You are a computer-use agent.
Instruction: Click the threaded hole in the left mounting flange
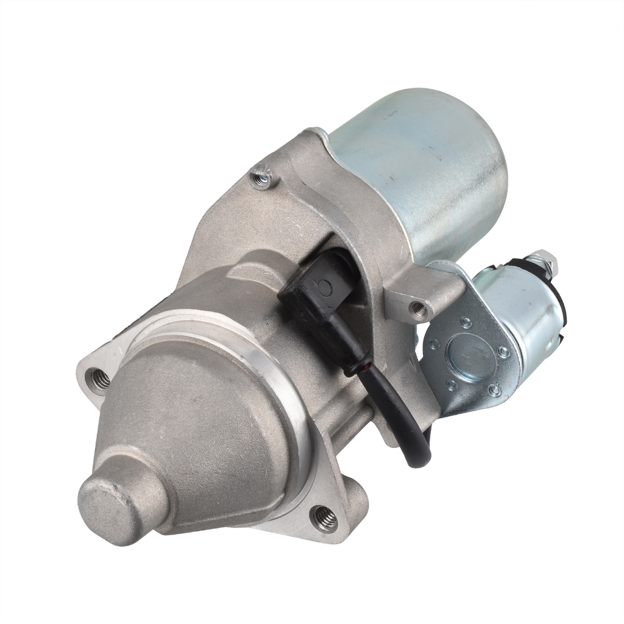(100, 378)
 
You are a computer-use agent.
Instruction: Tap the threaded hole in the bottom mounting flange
(324, 519)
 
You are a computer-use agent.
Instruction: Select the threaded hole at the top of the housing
(262, 180)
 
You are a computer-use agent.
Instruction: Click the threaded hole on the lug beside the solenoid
(417, 308)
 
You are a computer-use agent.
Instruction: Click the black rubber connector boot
(317, 292)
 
